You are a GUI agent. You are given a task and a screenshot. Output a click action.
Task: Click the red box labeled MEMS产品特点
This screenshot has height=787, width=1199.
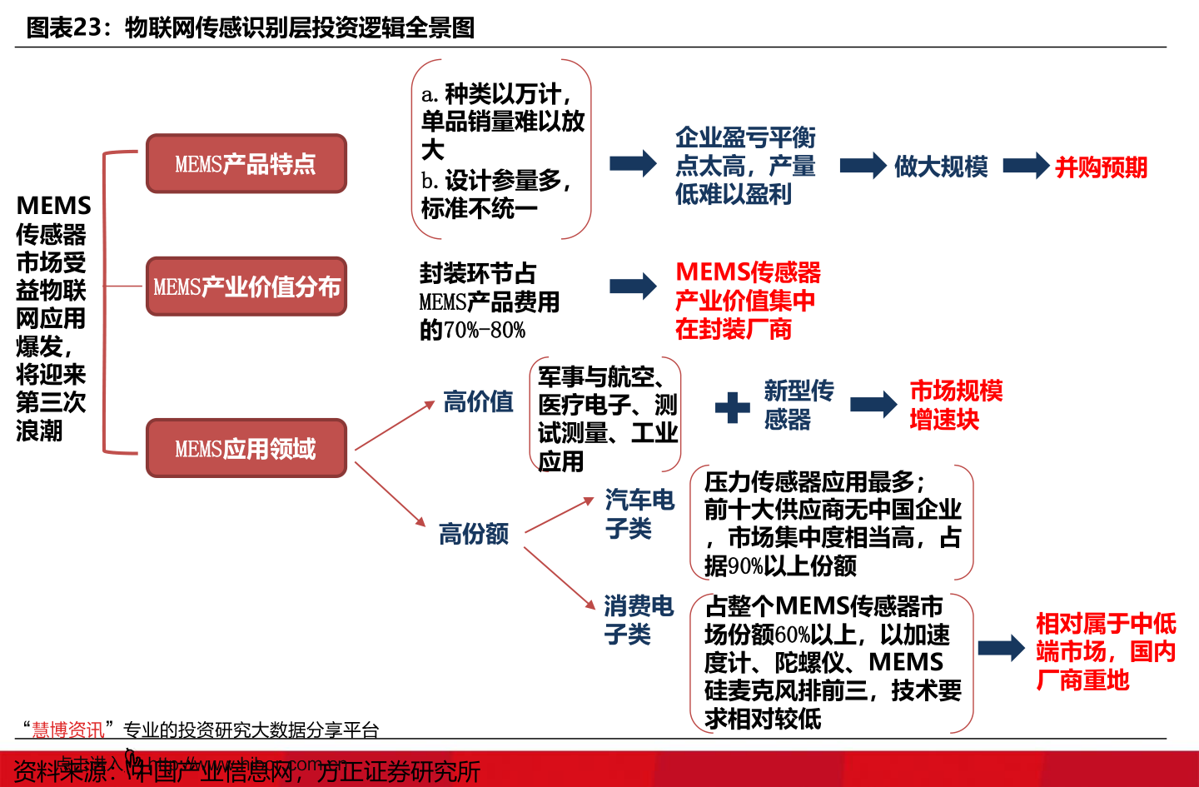(x=246, y=164)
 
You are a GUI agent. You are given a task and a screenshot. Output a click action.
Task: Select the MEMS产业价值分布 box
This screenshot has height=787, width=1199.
(x=246, y=286)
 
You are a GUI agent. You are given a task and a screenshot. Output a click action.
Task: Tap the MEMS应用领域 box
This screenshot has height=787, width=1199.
(x=246, y=449)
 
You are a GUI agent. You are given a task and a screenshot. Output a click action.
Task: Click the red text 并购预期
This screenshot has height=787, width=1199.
(x=1101, y=167)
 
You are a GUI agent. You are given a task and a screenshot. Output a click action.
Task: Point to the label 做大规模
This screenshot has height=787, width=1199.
(x=940, y=167)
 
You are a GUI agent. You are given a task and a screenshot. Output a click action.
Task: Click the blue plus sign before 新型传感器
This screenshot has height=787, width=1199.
(x=733, y=407)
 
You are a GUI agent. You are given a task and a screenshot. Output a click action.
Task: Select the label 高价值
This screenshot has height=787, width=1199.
(x=478, y=401)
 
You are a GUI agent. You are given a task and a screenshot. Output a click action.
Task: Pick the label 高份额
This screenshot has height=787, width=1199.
(x=473, y=533)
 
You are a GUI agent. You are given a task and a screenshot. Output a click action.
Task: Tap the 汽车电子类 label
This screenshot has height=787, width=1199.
(x=639, y=514)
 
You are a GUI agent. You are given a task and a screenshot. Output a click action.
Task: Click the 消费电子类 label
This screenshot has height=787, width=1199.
(x=638, y=620)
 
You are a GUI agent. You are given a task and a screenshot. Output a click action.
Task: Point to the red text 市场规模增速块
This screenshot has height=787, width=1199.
(x=955, y=405)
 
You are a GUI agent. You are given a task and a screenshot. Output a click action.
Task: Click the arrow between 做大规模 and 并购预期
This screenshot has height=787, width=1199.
(x=1025, y=166)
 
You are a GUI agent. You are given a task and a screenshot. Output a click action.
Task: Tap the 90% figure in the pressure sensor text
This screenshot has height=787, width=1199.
(x=745, y=566)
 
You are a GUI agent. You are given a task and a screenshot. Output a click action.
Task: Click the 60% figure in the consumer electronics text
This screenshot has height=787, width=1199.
(x=792, y=635)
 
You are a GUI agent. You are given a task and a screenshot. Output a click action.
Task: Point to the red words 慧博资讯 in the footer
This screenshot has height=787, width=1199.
(x=68, y=730)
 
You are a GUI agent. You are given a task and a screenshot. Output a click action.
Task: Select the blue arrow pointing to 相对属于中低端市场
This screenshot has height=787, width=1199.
(x=1000, y=648)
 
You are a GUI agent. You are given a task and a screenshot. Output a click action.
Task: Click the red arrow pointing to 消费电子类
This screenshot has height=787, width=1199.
(x=560, y=578)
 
